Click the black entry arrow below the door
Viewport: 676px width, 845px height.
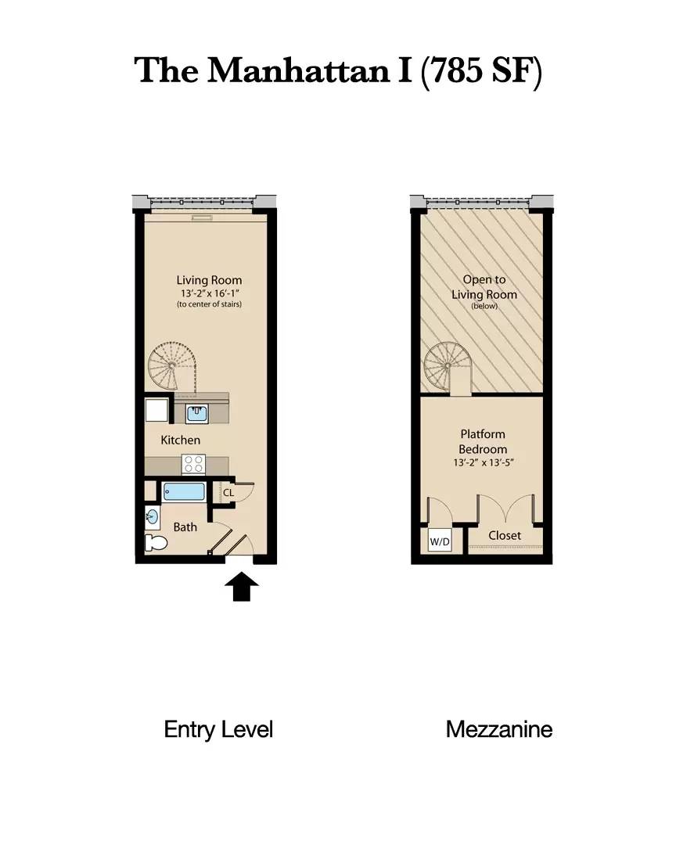tap(243, 587)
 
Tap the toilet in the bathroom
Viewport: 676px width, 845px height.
tap(156, 543)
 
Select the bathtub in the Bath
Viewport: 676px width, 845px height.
tap(184, 493)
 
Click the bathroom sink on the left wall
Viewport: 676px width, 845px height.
tap(152, 516)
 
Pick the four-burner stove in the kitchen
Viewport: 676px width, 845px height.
tap(192, 463)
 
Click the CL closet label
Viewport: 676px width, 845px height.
tap(228, 494)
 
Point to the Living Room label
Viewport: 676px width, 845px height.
tap(209, 280)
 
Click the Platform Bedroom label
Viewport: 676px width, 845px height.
tap(483, 442)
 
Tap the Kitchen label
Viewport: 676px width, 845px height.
tap(180, 440)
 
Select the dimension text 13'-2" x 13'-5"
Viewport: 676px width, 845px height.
tap(483, 463)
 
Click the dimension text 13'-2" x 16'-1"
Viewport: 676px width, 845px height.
tap(209, 293)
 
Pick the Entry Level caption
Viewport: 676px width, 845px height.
tap(218, 730)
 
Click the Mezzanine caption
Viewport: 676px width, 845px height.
tap(499, 730)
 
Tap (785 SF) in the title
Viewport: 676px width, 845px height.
tap(480, 70)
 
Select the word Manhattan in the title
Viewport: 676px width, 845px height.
tap(294, 70)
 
